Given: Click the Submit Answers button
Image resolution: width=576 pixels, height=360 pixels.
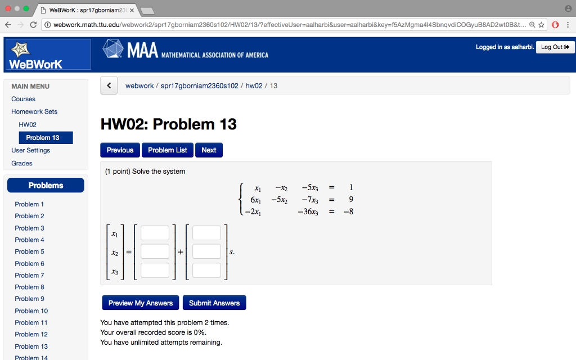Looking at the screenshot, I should pyautogui.click(x=214, y=303).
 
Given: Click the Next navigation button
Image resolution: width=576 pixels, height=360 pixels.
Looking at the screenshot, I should pyautogui.click(x=209, y=150).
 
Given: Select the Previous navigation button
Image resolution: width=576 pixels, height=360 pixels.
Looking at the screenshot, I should pyautogui.click(x=120, y=150).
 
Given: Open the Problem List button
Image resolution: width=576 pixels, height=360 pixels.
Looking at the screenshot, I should pyautogui.click(x=168, y=150).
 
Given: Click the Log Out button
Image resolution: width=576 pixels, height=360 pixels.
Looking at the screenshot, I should pyautogui.click(x=555, y=47).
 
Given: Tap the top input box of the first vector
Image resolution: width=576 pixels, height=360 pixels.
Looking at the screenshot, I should pyautogui.click(x=155, y=233).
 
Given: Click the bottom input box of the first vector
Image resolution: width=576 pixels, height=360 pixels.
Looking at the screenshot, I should pyautogui.click(x=155, y=271).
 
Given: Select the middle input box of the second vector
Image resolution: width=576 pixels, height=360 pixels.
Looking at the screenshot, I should pyautogui.click(x=206, y=251).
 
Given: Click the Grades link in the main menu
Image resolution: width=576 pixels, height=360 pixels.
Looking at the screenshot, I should pyautogui.click(x=22, y=163).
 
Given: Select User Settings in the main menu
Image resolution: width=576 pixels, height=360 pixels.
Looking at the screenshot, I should pyautogui.click(x=31, y=150).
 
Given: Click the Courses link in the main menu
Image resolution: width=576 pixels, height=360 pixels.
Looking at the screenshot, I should pyautogui.click(x=23, y=99).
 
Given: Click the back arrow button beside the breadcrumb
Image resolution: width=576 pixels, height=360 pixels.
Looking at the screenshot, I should pyautogui.click(x=109, y=86).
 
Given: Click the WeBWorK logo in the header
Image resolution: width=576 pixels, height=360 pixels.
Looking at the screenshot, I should pyautogui.click(x=47, y=55).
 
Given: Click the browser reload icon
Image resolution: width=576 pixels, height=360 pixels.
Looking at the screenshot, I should pyautogui.click(x=33, y=25).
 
